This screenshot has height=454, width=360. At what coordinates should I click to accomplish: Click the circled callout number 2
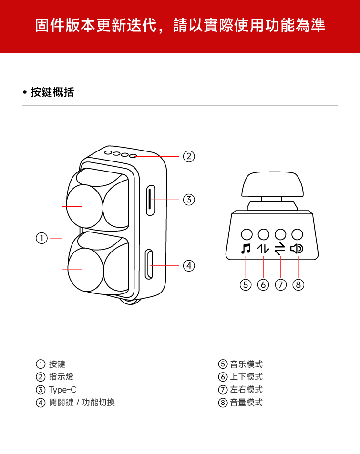click(189, 156)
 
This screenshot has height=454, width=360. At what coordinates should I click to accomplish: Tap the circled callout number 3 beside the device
click(189, 200)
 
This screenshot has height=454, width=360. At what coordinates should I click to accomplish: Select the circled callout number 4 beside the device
click(189, 265)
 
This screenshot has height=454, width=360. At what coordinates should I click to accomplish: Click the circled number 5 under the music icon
click(246, 285)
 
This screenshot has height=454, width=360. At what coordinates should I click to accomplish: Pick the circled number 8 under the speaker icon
click(298, 285)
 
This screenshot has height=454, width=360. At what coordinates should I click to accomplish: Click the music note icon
click(246, 249)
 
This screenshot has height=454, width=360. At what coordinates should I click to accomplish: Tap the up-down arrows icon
click(263, 249)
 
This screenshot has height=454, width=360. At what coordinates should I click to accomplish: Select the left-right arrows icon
click(280, 249)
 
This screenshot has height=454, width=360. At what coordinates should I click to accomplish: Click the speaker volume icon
click(298, 249)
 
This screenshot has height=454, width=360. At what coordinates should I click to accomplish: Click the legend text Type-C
click(62, 390)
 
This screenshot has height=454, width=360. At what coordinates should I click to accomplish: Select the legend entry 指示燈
click(61, 377)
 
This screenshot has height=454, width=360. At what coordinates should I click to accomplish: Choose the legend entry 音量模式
click(246, 403)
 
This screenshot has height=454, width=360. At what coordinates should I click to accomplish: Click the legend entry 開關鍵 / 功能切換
click(82, 403)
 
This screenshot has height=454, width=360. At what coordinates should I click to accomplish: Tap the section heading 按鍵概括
click(52, 92)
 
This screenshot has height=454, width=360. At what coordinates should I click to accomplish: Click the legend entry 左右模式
click(246, 390)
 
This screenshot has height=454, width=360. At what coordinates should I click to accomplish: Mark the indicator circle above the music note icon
click(247, 234)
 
